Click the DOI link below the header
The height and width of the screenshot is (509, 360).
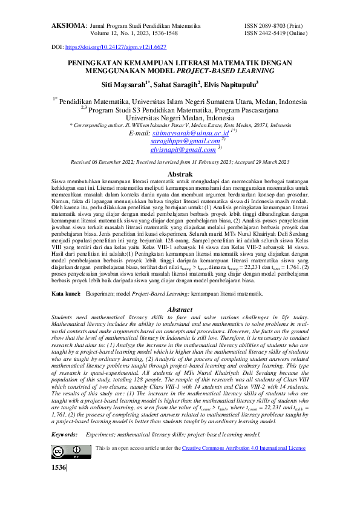coord(115,47)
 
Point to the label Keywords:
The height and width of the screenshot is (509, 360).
coord(64,435)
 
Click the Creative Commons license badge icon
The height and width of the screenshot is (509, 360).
coord(67,451)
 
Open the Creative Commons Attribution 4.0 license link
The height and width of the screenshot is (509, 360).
coord(244,449)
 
